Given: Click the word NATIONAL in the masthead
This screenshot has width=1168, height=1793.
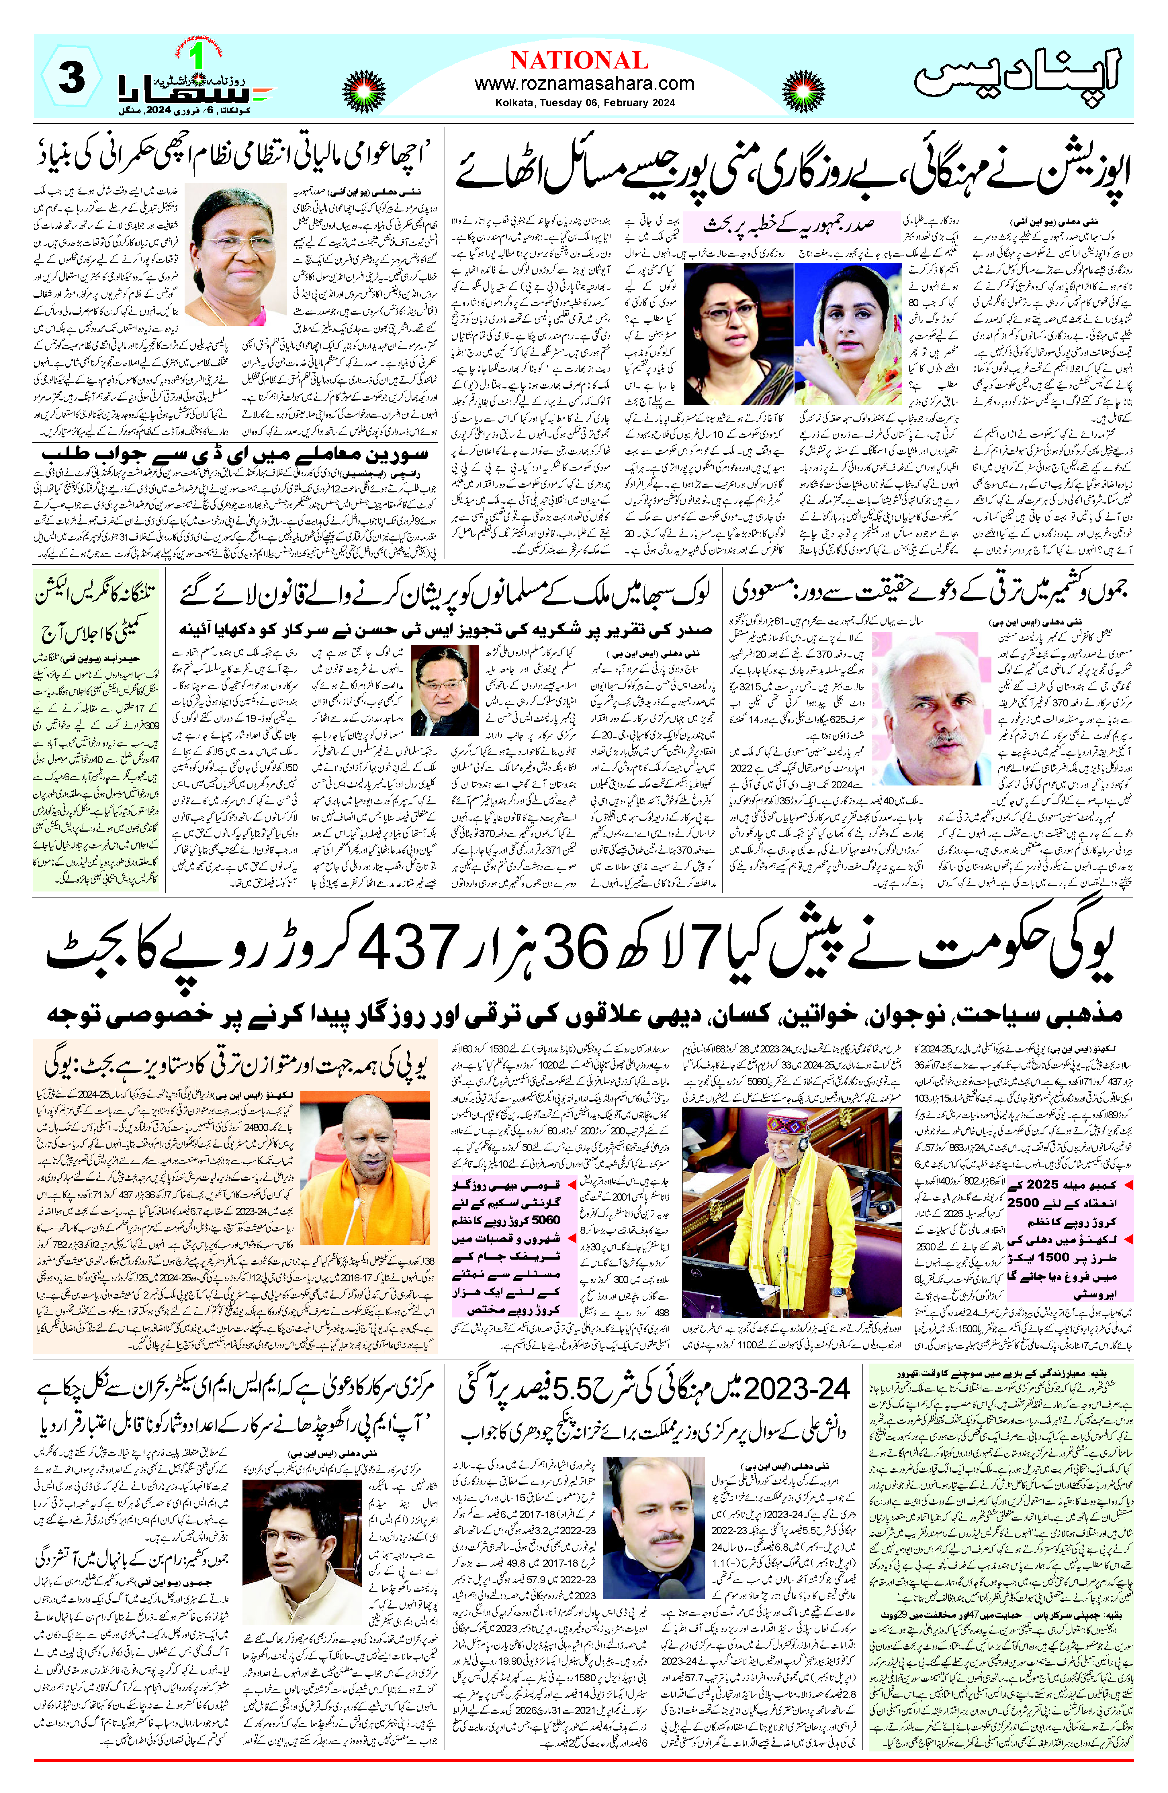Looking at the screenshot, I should pos(579,60).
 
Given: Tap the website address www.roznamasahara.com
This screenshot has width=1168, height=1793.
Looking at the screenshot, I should pos(584,84).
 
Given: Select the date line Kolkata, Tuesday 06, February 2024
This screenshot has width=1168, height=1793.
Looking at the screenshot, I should pos(585,103).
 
